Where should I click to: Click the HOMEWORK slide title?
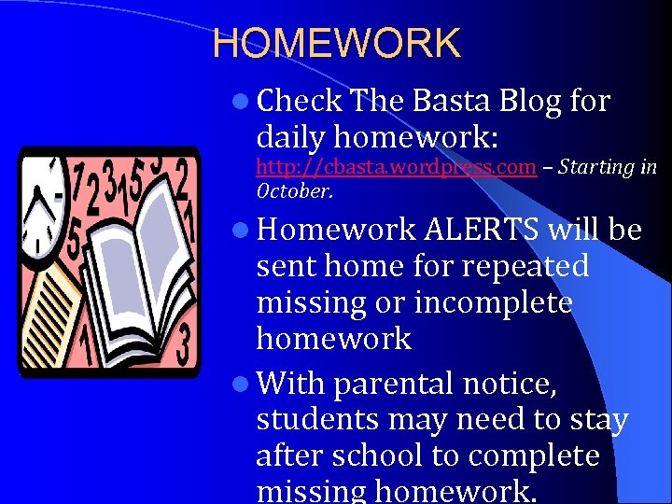click(x=336, y=44)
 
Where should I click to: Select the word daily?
click(x=290, y=137)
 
